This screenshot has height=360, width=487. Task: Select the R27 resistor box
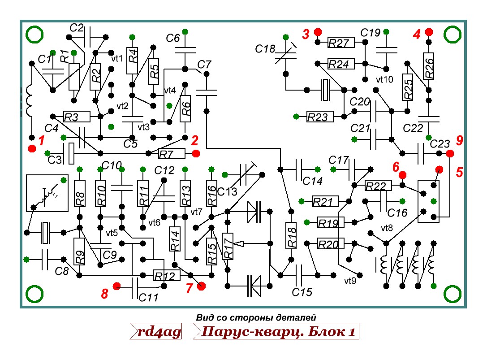pyautogui.click(x=341, y=43)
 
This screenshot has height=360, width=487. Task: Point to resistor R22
pyautogui.click(x=378, y=186)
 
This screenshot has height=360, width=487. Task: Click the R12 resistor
pyautogui.click(x=167, y=275)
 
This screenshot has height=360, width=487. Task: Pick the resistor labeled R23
pyautogui.click(x=320, y=117)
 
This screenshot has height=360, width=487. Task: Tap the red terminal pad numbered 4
pyautogui.click(x=429, y=32)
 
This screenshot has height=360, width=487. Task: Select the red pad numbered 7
pyautogui.click(x=201, y=286)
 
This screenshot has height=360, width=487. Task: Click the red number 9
pyautogui.click(x=459, y=141)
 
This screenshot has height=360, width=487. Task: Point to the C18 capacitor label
pyautogui.click(x=264, y=48)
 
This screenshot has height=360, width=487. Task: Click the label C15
pyautogui.click(x=302, y=292)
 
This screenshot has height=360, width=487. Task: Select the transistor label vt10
pyautogui.click(x=384, y=80)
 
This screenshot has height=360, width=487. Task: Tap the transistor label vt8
pyautogui.click(x=387, y=228)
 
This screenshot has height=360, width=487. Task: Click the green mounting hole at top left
pyautogui.click(x=34, y=35)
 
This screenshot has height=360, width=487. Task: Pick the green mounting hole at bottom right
pyautogui.click(x=453, y=294)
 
